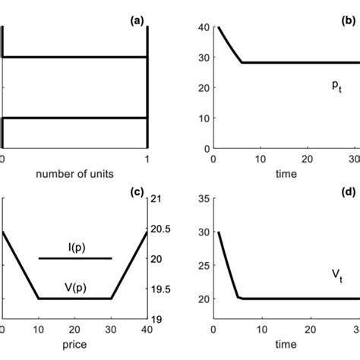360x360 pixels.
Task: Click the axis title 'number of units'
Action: point(73,173)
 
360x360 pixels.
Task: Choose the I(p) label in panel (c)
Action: point(74,245)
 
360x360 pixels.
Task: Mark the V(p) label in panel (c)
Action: point(74,286)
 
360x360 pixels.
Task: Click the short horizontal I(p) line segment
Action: point(74,258)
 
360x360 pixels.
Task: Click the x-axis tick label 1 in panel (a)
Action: point(146,158)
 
